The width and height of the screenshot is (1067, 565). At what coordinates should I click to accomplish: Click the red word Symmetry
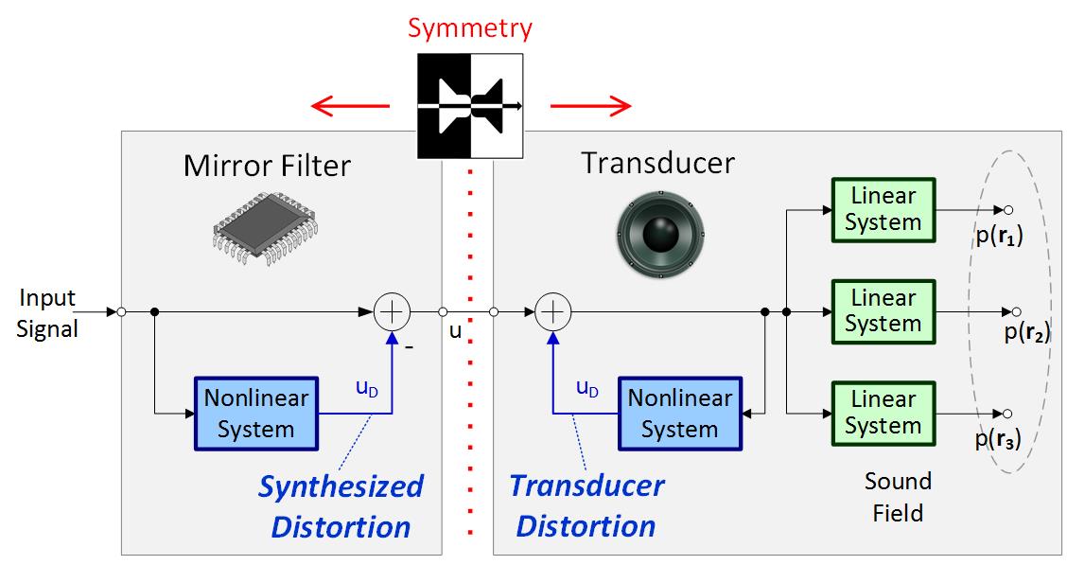click(x=470, y=27)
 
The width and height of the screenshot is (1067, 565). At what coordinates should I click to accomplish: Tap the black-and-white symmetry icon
click(x=470, y=106)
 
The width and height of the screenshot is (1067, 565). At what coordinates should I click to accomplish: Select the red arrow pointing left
click(x=350, y=103)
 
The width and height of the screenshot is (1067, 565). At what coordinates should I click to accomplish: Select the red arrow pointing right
click(x=590, y=103)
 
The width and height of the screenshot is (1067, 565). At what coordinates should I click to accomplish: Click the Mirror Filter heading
click(x=267, y=167)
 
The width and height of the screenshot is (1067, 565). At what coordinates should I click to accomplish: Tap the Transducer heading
click(x=657, y=163)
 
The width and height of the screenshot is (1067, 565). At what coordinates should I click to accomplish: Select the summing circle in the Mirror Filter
click(x=393, y=310)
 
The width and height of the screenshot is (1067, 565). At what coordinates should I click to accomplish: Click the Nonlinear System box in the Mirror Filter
click(x=255, y=414)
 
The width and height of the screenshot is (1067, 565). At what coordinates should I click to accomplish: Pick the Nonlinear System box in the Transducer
click(x=679, y=414)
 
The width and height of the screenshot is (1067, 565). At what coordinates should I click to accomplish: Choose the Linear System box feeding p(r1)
click(x=883, y=209)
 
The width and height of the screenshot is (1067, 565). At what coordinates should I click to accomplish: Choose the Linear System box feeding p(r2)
click(x=883, y=310)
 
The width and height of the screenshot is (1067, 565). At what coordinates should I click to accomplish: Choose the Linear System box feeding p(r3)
click(x=883, y=413)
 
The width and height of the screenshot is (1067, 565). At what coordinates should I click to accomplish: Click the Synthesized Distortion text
click(x=341, y=506)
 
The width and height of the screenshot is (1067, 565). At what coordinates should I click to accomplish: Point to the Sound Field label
click(x=898, y=497)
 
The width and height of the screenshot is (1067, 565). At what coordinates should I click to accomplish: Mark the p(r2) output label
click(x=1027, y=331)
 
